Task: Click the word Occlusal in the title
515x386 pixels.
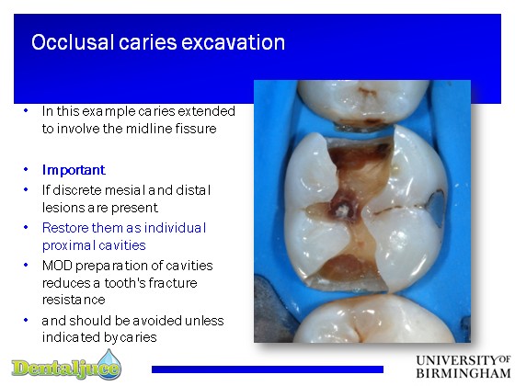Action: click(x=73, y=42)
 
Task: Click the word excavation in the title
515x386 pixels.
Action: click(x=233, y=42)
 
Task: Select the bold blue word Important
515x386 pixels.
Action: click(x=74, y=170)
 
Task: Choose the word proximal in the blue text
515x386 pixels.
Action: click(x=69, y=245)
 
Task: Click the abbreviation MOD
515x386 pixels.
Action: click(x=57, y=266)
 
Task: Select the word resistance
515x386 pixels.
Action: click(x=74, y=300)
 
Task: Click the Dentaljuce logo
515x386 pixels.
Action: click(x=66, y=367)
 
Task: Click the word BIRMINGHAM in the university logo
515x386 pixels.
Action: click(x=463, y=373)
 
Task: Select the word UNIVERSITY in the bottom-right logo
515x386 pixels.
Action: click(x=457, y=360)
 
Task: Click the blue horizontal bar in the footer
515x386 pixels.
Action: click(x=268, y=369)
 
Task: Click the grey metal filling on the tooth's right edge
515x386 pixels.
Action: click(x=437, y=208)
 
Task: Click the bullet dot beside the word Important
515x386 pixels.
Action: click(x=26, y=170)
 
